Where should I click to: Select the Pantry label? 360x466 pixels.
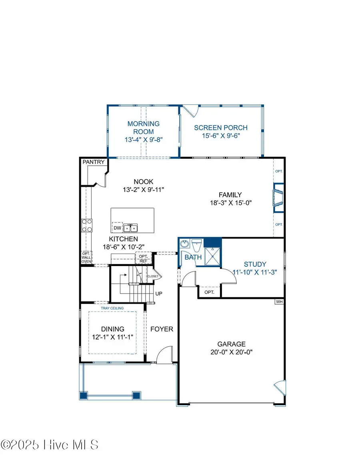tap(94, 162)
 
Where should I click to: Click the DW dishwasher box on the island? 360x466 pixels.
tap(117, 228)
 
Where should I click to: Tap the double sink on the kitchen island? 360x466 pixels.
tap(130, 228)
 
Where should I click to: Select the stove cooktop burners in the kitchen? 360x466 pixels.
tap(87, 226)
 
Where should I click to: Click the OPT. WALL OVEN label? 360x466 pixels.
tap(86, 258)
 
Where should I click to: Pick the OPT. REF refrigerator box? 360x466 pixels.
tap(143, 258)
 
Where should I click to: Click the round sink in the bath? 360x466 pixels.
tap(185, 244)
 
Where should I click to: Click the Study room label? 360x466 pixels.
tap(255, 264)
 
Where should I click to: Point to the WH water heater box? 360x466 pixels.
tap(279, 302)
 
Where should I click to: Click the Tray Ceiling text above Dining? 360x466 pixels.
tap(112, 308)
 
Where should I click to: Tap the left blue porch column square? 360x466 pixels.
tap(83, 395)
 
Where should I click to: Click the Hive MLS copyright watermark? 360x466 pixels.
tap(50, 445)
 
